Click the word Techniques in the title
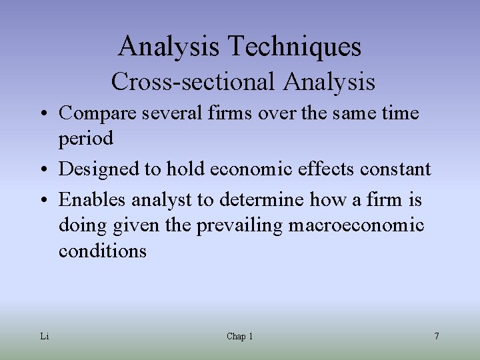(295, 47)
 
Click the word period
(86, 139)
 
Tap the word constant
(396, 169)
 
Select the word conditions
(102, 251)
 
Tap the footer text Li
(45, 337)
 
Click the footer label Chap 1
(239, 337)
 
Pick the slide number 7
(436, 337)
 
